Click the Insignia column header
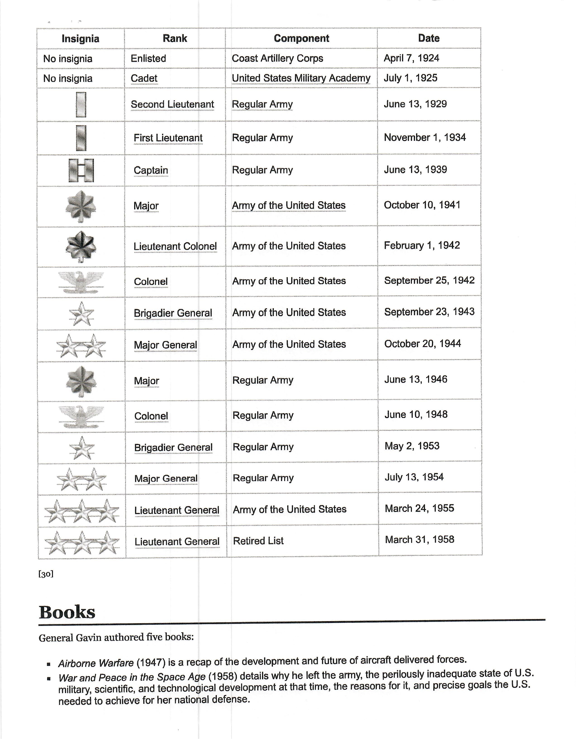80,39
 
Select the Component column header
301,38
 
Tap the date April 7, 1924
411,58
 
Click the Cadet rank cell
144,78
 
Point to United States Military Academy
301,78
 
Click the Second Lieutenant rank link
172,104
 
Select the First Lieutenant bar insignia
81,138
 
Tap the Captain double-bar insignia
81,170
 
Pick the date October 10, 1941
422,205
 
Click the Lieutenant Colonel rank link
175,246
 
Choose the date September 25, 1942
429,280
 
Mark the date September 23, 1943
429,312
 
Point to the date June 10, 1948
416,414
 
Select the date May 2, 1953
412,446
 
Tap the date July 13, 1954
414,477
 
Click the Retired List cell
258,541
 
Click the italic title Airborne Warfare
96,663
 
